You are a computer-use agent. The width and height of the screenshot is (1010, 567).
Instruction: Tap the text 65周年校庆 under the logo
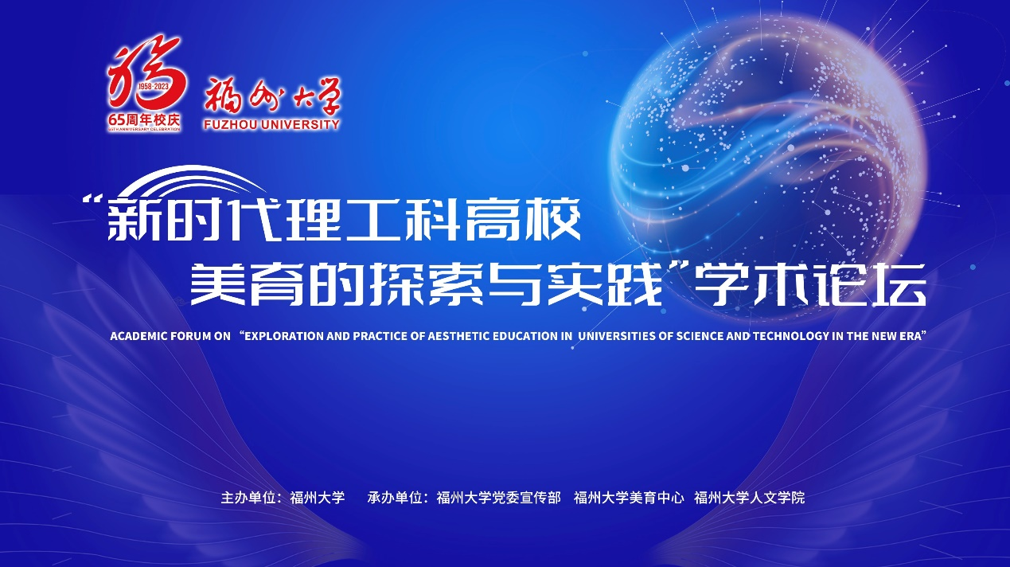click(x=144, y=120)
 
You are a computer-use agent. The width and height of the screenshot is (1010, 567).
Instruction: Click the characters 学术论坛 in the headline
click(x=809, y=284)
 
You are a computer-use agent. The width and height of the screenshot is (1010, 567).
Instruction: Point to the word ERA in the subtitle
click(x=910, y=336)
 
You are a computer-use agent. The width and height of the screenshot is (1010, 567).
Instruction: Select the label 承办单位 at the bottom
click(x=395, y=498)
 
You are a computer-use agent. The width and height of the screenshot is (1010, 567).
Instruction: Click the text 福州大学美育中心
click(x=629, y=498)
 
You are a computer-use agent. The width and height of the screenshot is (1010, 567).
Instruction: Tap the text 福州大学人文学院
click(x=750, y=498)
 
